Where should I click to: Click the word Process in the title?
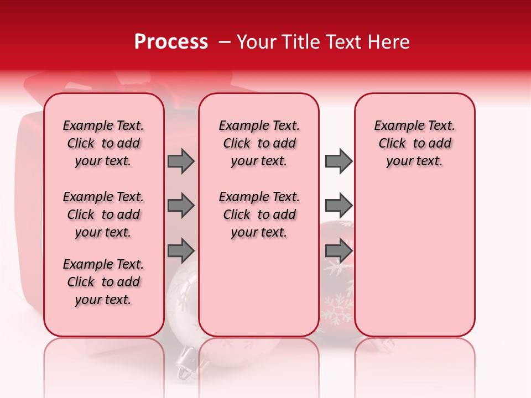[170, 42]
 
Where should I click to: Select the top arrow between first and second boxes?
[181, 161]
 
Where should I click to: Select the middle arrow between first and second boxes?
[181, 206]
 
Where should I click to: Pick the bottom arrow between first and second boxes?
[181, 250]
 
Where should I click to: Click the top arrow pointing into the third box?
[339, 161]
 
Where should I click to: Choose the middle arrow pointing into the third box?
[339, 206]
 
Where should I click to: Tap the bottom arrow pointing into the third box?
[339, 250]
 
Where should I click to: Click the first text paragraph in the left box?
[103, 143]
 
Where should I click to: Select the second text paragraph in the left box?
[103, 214]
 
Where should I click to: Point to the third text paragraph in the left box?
[103, 282]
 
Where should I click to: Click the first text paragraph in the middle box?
[259, 143]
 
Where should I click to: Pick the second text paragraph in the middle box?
[259, 214]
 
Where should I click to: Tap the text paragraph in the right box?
[415, 143]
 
